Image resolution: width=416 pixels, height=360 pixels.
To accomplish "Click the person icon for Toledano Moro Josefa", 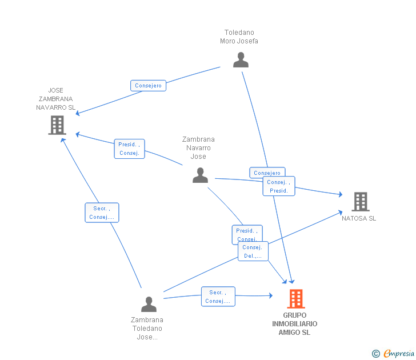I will click(x=241, y=60).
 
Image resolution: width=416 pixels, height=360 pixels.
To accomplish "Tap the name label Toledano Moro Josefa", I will click(x=239, y=37).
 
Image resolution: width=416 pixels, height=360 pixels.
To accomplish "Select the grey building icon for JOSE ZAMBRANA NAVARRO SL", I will click(x=57, y=125).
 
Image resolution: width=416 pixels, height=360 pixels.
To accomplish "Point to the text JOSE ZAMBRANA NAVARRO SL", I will click(x=55, y=99).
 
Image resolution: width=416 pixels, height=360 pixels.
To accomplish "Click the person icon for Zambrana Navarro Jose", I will click(x=200, y=175).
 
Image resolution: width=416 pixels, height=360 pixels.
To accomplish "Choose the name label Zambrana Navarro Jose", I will click(x=198, y=148).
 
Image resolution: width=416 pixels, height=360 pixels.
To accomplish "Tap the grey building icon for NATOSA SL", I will click(x=360, y=202).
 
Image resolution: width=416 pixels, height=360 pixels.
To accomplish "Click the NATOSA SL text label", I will click(x=359, y=218).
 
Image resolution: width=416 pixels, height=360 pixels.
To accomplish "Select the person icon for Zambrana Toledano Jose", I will click(x=149, y=304).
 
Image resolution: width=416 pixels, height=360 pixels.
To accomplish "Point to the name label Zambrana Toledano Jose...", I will click(x=147, y=329).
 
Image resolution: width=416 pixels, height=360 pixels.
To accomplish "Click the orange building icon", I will click(x=295, y=298).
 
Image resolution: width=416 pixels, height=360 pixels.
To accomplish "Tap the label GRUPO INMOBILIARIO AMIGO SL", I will click(x=295, y=324).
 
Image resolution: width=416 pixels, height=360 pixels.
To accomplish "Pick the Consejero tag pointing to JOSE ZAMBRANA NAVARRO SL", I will click(x=148, y=86).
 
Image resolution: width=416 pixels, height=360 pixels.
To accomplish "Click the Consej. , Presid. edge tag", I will click(x=279, y=186).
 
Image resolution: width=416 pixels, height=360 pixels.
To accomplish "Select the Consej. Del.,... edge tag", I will click(x=253, y=251).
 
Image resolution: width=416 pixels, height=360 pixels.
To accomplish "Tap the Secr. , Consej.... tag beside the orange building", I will click(x=218, y=297).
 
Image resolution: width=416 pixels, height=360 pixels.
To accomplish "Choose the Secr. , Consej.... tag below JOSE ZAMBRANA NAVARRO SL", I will click(x=102, y=213).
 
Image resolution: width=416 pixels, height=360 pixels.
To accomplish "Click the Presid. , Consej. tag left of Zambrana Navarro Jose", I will click(x=129, y=149).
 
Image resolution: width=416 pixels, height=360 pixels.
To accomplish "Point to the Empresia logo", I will click(x=399, y=354).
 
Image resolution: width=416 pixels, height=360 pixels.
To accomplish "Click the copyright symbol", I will click(x=376, y=354).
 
